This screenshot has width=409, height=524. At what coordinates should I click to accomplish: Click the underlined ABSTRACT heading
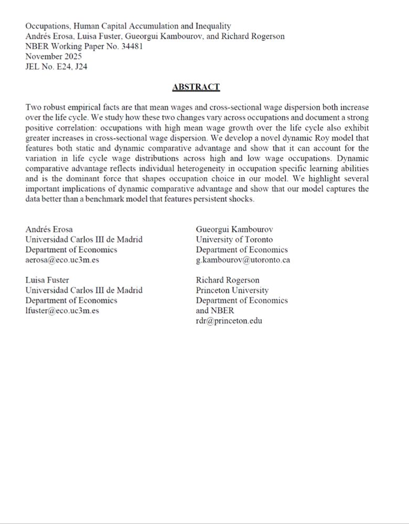(x=196, y=87)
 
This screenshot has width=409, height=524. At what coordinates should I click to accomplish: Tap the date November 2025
(x=53, y=56)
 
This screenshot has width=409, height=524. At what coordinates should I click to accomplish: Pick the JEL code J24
(x=81, y=67)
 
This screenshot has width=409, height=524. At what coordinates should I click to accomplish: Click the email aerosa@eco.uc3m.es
(x=62, y=260)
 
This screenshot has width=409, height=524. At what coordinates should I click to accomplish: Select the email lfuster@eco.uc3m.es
(x=62, y=310)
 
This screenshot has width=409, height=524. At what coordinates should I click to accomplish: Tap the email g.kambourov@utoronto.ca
(x=243, y=260)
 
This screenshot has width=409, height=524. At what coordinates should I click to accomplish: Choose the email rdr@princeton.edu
(x=229, y=321)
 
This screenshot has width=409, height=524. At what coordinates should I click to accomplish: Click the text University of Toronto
(x=234, y=239)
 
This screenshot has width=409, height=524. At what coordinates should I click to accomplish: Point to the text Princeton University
(x=232, y=290)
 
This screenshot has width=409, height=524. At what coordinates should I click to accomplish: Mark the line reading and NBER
(x=215, y=310)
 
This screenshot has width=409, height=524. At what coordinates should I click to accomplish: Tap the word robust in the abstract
(x=55, y=107)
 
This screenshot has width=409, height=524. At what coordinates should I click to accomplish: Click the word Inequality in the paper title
(x=212, y=26)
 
